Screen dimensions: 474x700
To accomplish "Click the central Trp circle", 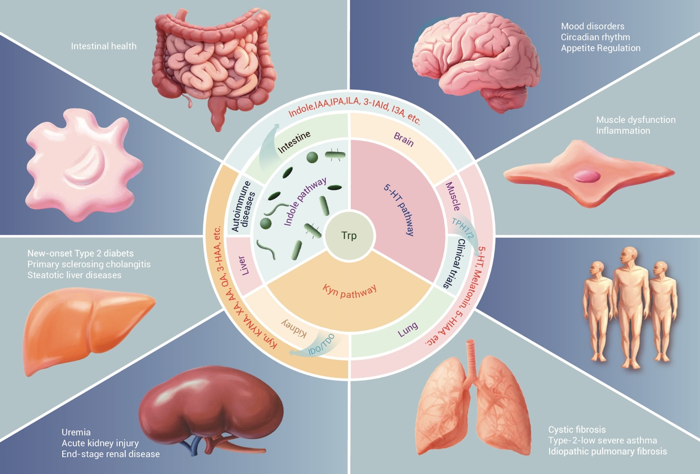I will pos(349,236).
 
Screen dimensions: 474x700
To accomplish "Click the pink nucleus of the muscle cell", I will pos(587,176).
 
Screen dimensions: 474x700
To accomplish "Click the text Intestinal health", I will pos(104,46).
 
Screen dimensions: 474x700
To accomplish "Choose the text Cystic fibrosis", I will pos(577,429).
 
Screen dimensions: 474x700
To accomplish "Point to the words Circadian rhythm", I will pos(595,37).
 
